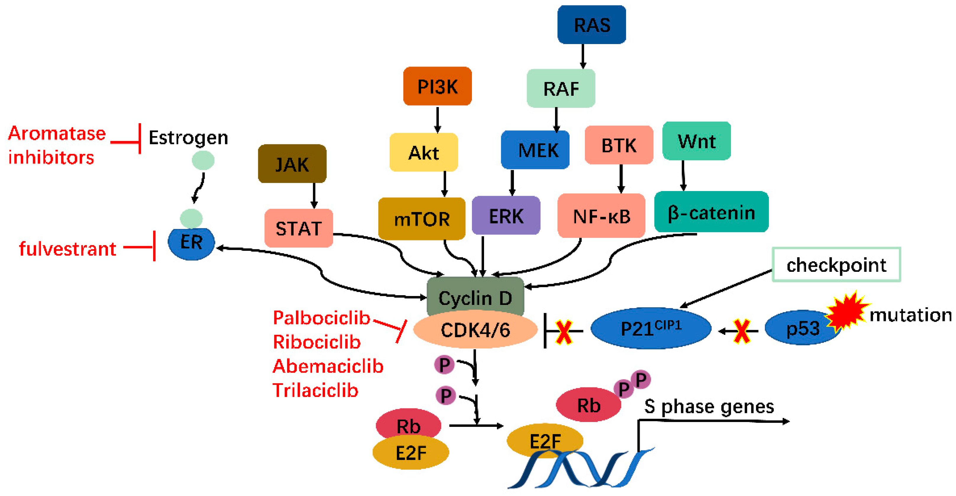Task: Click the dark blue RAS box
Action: (592, 25)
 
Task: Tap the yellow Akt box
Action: (423, 152)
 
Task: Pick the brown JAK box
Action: (292, 164)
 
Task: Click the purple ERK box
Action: (506, 216)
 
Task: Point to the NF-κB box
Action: (601, 216)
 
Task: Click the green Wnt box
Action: (697, 141)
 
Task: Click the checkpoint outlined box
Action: (836, 265)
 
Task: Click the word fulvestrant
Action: (67, 248)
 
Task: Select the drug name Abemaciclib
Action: (328, 366)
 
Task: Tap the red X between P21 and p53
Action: (742, 331)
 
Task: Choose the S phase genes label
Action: (709, 406)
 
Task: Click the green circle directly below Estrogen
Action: (203, 160)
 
